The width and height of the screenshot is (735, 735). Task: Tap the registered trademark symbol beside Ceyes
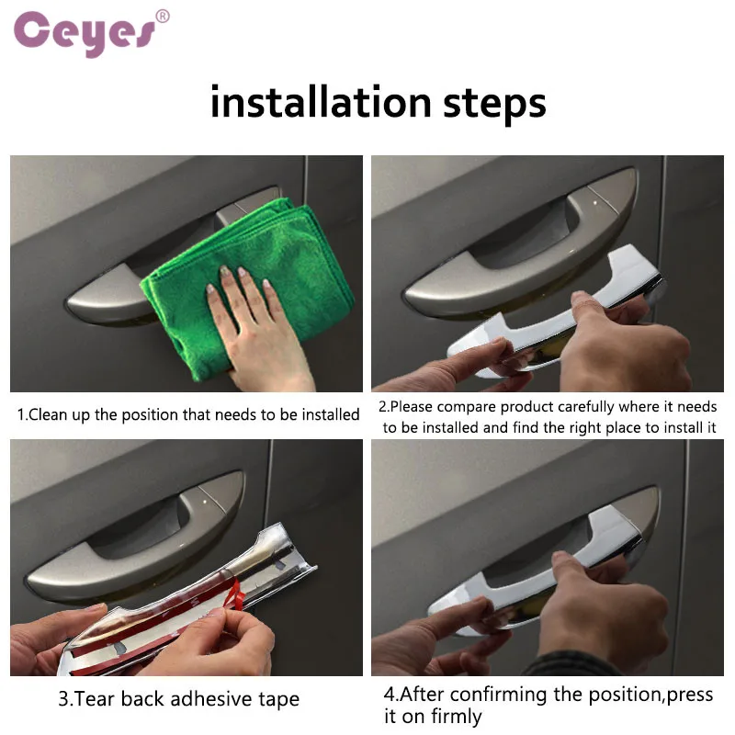coord(163,17)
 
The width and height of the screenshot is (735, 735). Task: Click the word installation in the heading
coord(321,102)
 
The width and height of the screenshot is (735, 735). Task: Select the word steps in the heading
coord(494,105)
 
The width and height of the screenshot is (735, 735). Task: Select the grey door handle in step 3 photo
coord(136,539)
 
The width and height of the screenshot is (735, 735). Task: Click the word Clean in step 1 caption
coord(48,414)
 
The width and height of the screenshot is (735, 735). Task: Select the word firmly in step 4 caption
coord(456,717)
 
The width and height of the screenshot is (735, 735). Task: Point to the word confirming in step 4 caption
coord(498,695)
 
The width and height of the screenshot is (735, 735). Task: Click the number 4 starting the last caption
coord(390,695)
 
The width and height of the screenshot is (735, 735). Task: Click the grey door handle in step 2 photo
coord(520,243)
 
